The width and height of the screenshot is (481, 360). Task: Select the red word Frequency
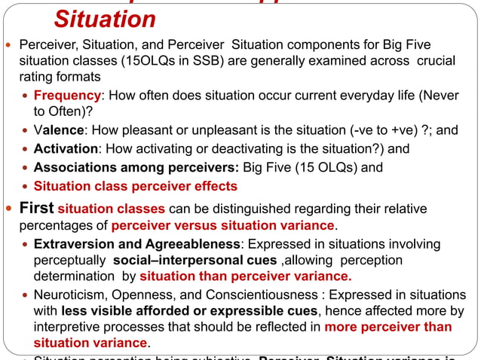coord(67,96)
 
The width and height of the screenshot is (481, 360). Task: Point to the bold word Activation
coord(66,149)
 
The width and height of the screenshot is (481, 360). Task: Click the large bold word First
coord(36,208)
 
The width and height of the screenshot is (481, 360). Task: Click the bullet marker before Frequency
coord(26,96)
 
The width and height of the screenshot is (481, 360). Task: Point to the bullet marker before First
coord(9,209)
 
